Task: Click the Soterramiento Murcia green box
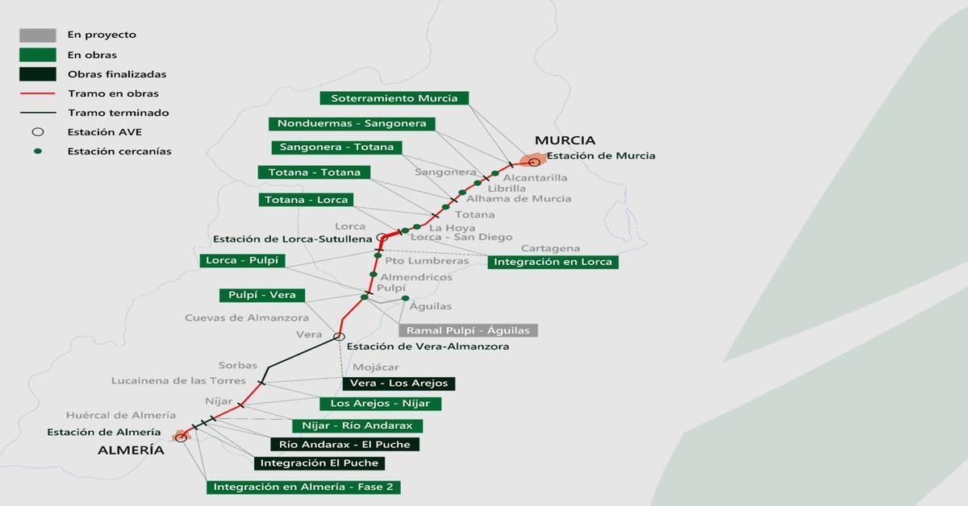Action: pos(394,98)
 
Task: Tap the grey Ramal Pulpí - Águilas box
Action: pos(468,330)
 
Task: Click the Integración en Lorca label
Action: pos(553,262)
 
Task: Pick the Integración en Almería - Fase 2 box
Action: pos(304,487)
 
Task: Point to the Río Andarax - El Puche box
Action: pos(344,445)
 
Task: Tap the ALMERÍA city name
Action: pos(131,450)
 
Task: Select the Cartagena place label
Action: pos(550,248)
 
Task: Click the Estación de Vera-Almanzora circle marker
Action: pos(339,337)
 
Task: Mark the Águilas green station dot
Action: pos(406,298)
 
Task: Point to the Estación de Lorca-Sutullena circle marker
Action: pos(382,238)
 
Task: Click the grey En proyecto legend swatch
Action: pos(38,35)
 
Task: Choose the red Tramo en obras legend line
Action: pos(38,93)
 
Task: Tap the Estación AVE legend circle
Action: pos(38,132)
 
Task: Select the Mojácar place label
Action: pos(376,367)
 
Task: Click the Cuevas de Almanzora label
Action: pos(235,317)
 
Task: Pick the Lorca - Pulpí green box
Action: pos(243,261)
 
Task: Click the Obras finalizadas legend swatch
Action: pos(38,74)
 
